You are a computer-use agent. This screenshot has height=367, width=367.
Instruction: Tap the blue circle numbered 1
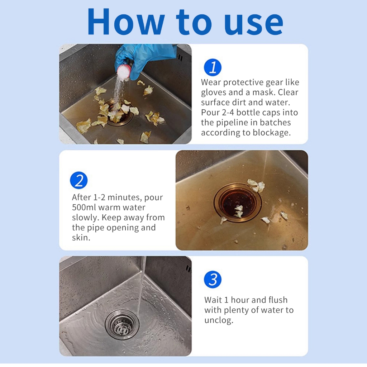point(213,67)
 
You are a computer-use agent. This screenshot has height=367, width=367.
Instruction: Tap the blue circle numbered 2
point(79,180)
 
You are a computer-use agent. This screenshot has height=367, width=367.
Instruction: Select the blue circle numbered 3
point(213,279)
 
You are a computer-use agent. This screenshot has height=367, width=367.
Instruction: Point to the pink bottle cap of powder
point(124,72)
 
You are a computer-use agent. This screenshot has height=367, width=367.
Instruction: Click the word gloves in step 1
point(214,92)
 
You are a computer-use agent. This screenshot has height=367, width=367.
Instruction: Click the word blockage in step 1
point(272,133)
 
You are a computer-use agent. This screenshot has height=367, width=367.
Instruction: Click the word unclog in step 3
point(218,320)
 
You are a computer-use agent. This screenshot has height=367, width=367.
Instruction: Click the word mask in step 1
point(263,92)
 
